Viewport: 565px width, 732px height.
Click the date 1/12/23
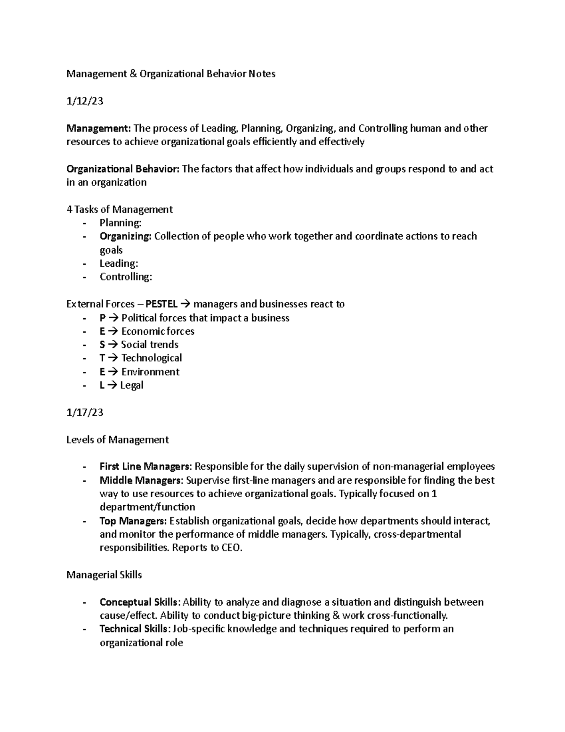[85, 101]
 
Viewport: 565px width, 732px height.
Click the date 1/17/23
[85, 412]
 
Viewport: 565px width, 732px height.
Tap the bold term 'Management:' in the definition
[99, 128]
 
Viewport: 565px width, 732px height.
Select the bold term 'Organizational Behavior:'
[123, 169]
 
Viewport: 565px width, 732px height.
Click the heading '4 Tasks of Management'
[120, 209]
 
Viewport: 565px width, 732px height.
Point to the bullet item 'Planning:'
[121, 223]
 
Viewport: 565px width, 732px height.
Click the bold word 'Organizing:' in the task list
[125, 236]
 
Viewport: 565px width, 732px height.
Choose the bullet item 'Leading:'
[119, 263]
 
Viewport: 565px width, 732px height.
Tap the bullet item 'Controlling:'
[126, 277]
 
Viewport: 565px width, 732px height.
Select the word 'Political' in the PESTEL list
[139, 318]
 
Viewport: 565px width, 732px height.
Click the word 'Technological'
[152, 358]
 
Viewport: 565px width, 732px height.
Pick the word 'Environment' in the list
[150, 372]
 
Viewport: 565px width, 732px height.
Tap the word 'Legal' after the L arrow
[132, 385]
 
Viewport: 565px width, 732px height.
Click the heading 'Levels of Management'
[118, 440]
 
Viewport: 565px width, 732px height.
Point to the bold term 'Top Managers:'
[133, 521]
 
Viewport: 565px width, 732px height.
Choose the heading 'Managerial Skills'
[104, 575]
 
